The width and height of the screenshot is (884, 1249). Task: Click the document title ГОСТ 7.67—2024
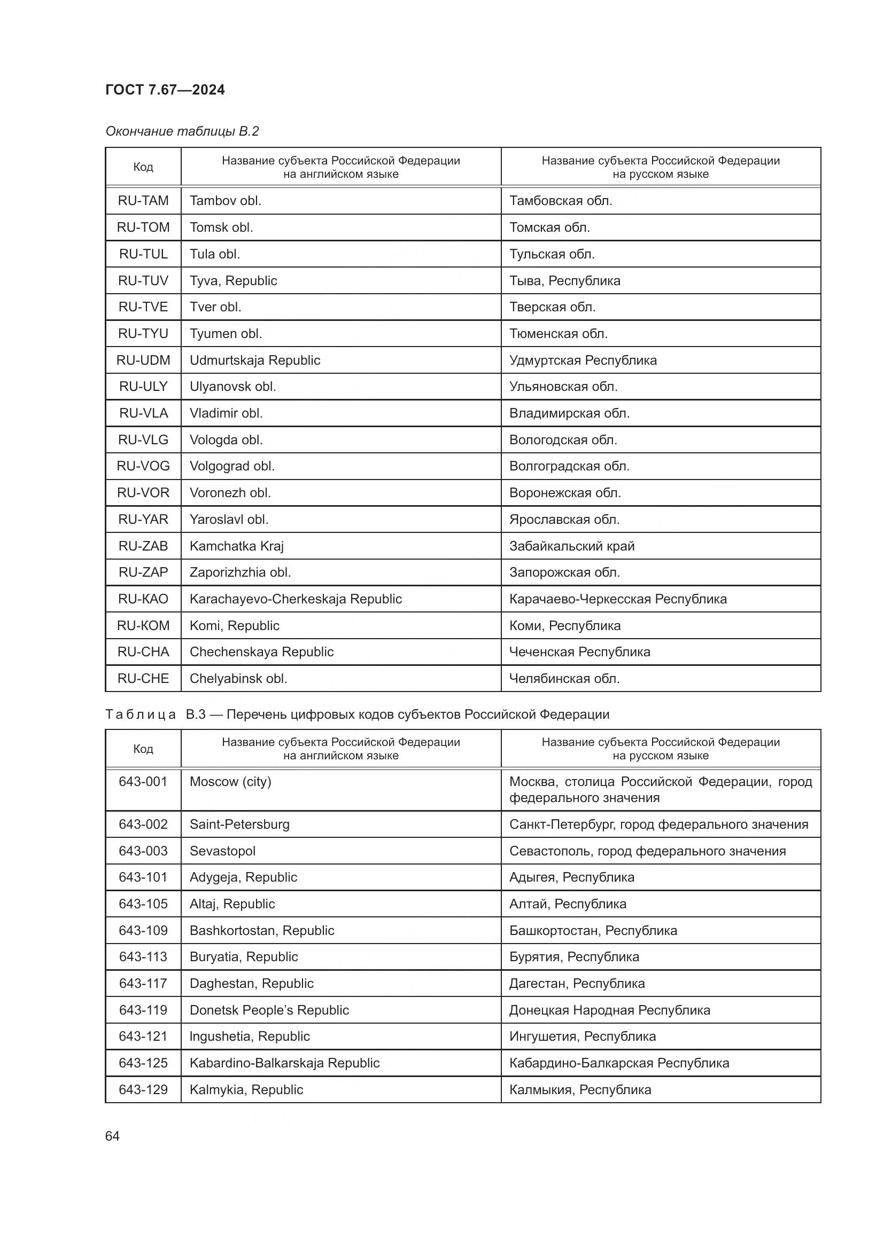click(x=165, y=90)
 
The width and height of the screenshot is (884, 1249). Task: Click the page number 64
click(x=113, y=1136)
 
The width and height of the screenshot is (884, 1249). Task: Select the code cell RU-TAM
click(x=143, y=201)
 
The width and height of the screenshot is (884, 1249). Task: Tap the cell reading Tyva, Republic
click(x=233, y=281)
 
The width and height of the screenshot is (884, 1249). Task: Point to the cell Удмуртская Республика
click(x=583, y=360)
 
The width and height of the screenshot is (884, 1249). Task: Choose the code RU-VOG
click(x=143, y=466)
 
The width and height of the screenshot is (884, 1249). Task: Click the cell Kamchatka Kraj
click(x=236, y=546)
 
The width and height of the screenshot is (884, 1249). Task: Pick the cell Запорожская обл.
click(x=564, y=572)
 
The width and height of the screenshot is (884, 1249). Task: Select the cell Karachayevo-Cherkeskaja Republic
click(x=296, y=599)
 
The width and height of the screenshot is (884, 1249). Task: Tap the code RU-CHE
click(x=143, y=678)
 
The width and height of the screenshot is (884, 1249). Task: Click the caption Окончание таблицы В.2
click(x=182, y=131)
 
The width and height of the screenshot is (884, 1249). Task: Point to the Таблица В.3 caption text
click(x=357, y=714)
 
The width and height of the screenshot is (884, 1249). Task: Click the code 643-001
click(x=143, y=782)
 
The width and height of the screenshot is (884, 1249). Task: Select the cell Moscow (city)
click(x=230, y=782)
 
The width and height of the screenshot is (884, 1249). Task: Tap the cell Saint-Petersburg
click(x=239, y=824)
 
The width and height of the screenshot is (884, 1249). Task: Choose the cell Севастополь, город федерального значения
click(x=647, y=851)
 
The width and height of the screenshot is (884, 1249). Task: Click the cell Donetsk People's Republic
click(x=269, y=1010)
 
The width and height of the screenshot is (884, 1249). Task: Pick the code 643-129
click(x=143, y=1090)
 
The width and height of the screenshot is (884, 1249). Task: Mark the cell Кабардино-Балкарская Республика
click(x=619, y=1063)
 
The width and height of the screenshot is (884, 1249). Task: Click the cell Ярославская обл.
click(x=564, y=520)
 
